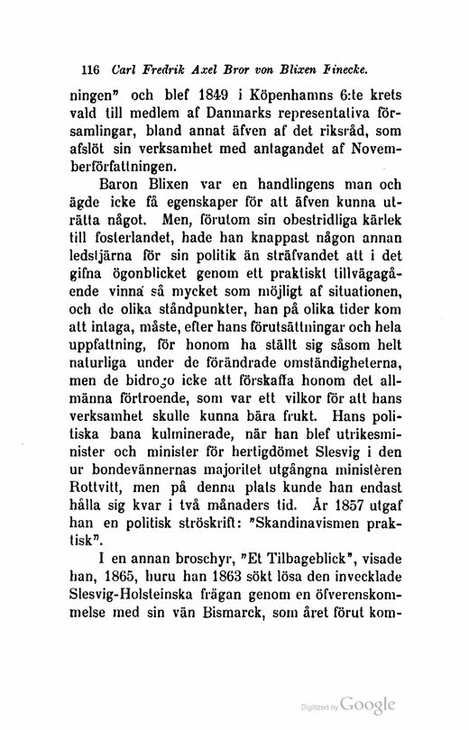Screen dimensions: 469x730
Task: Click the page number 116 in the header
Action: tap(90, 68)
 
